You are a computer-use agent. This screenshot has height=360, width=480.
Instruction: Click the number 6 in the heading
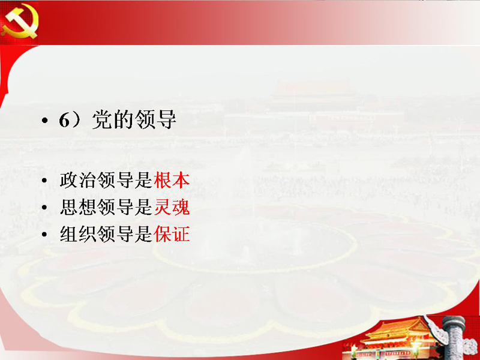tap(65, 120)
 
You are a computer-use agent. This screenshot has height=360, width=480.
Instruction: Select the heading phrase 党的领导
tap(134, 119)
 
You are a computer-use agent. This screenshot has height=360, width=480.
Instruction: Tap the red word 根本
tap(172, 180)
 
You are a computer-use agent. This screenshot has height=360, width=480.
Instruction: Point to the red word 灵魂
tap(172, 207)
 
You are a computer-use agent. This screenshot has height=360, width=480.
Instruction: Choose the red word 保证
tap(172, 234)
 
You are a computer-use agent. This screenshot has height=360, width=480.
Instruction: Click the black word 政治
tap(78, 180)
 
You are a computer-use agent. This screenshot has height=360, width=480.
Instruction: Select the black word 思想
tap(78, 207)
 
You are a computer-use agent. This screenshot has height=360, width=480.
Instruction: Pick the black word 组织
tap(78, 234)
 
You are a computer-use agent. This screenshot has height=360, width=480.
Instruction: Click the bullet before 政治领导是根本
tap(44, 181)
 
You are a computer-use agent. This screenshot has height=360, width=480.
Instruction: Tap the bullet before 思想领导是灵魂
tap(44, 208)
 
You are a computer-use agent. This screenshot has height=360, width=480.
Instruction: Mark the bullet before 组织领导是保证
tap(44, 235)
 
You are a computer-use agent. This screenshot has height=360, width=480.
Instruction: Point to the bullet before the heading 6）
tap(44, 121)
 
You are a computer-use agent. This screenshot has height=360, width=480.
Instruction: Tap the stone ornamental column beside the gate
tap(454, 337)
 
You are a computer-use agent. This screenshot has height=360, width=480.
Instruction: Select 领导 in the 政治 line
tap(116, 180)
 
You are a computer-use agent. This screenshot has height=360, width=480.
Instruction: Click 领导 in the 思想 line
tap(116, 207)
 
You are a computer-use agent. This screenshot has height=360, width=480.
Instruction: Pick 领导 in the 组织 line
tap(116, 234)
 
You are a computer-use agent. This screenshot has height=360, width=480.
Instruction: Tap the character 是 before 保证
tap(143, 234)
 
